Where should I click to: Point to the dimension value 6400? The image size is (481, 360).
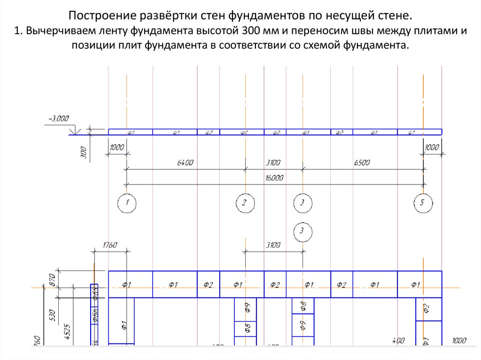186,163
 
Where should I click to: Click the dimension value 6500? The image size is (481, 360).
362,163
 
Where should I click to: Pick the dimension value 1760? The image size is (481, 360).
109,245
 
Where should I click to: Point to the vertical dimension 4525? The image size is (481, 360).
68,331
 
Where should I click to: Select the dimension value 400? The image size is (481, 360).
398,340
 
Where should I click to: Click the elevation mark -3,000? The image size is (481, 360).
58,118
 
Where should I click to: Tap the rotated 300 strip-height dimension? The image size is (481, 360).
83,152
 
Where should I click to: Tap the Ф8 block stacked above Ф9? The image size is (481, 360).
303,307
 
